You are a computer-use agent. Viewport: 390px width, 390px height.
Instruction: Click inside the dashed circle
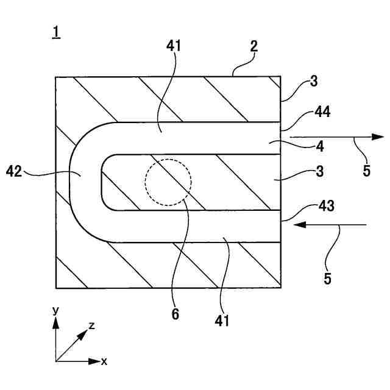pos(168,183)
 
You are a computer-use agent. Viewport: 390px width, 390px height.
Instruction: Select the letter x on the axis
pos(104,361)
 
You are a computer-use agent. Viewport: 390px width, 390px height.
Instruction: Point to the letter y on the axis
pos(55,311)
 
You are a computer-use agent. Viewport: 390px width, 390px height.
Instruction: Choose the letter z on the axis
pos(92,325)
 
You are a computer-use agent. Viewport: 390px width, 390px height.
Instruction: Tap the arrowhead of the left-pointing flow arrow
pos(299,225)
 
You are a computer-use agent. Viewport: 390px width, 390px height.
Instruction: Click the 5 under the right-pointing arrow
pos(366,171)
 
